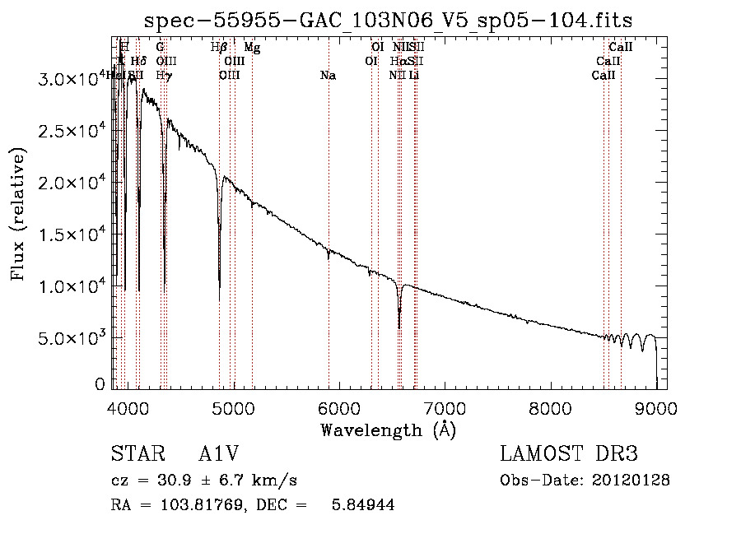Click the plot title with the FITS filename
click(x=388, y=20)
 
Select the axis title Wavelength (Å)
click(x=388, y=430)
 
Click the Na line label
click(x=328, y=76)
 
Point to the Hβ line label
click(x=218, y=48)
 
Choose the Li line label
click(x=414, y=76)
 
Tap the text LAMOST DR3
click(x=569, y=454)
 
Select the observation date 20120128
click(x=635, y=481)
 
